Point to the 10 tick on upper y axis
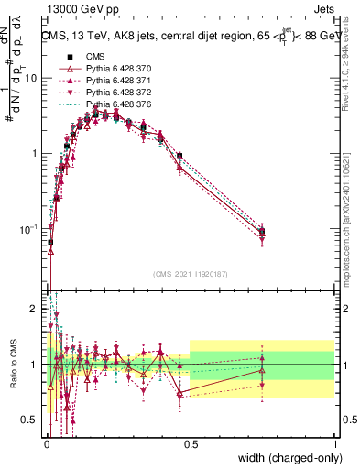click(x=31, y=78)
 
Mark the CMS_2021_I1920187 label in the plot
click(x=190, y=274)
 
